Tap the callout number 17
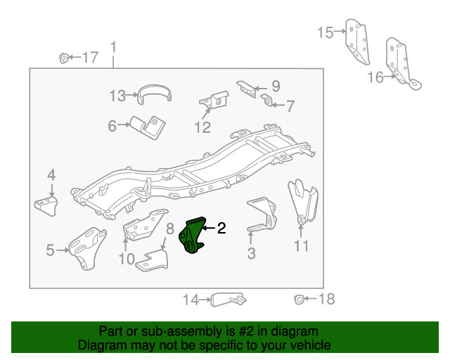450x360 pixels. click(x=91, y=57)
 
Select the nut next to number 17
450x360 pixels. click(x=63, y=56)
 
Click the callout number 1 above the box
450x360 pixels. click(x=113, y=47)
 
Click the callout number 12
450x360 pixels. click(x=202, y=127)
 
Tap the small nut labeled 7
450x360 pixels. click(x=267, y=100)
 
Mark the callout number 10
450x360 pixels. click(x=126, y=259)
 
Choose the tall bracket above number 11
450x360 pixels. click(x=302, y=200)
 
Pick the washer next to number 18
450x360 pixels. click(x=300, y=299)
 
